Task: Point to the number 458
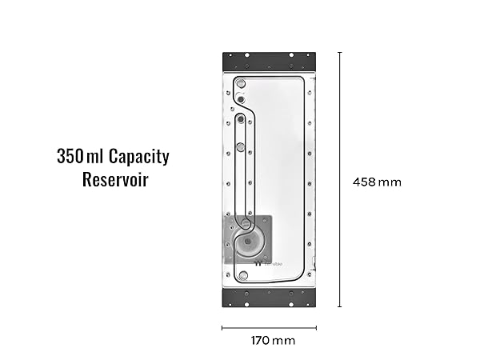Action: pos(364,182)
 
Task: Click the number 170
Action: pos(260,341)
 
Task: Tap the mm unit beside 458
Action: pos(390,182)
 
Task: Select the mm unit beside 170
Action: pos(283,341)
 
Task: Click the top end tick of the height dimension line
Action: pos(340,53)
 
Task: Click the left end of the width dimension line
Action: pos(222,327)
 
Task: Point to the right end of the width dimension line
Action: pos(316,327)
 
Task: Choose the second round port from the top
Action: pos(240,100)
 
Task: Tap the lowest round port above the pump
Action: pos(241,147)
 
